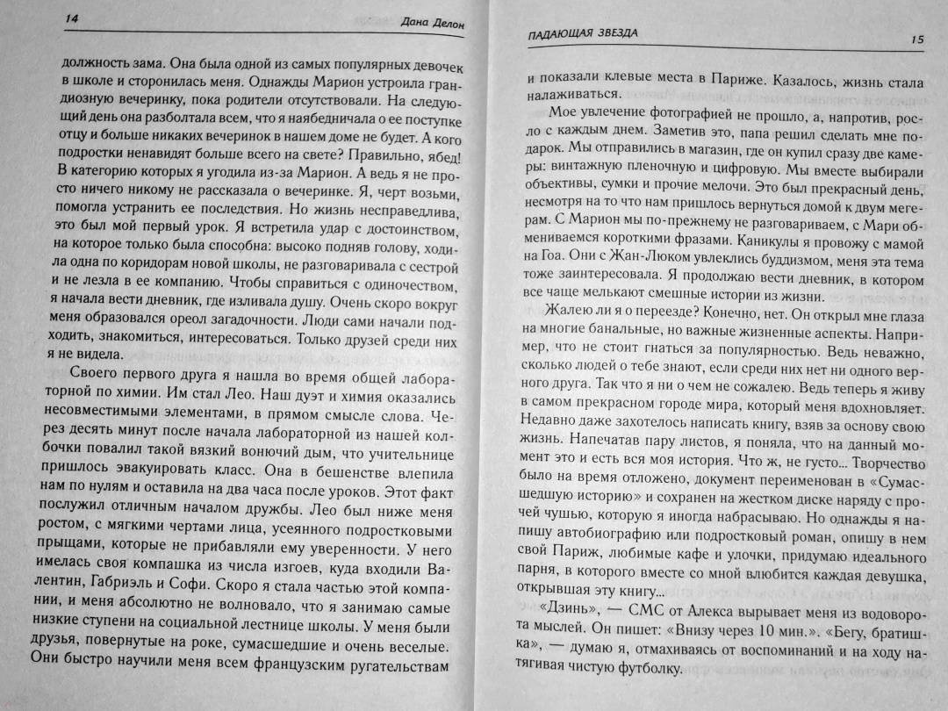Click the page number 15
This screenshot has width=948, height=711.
click(919, 39)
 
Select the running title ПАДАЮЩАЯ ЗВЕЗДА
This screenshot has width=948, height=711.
click(576, 34)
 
